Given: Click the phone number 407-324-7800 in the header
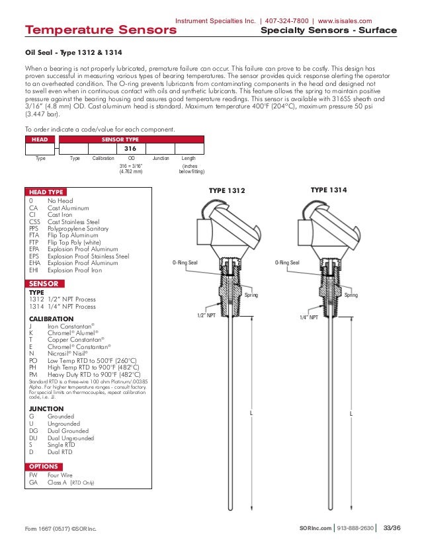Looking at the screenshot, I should (287, 20).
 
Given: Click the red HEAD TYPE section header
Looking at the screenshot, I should (46, 192).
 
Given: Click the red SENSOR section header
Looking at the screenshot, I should (44, 283).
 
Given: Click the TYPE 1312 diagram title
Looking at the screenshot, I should (227, 191).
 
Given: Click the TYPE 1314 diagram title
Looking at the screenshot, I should (329, 190).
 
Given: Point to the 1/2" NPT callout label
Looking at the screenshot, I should (207, 316).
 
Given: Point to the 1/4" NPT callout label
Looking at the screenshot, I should (309, 317).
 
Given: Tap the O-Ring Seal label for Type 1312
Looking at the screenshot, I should (185, 263).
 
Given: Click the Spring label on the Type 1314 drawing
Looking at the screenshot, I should (351, 295).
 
